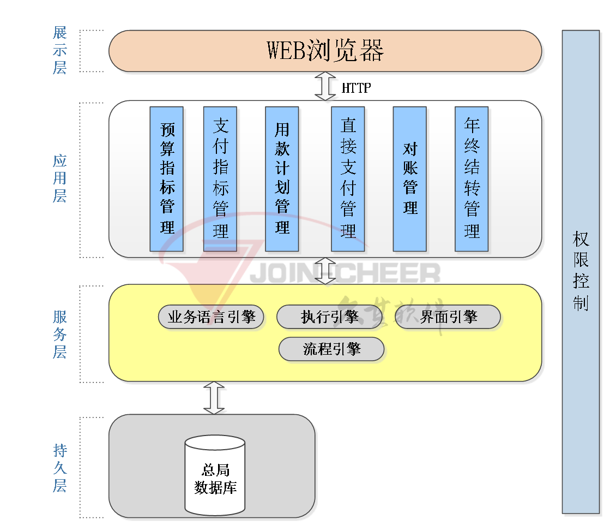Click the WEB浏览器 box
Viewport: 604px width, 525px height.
[x=325, y=51]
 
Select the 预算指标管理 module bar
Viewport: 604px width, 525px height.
[x=167, y=179]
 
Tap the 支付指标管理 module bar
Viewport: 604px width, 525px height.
[x=220, y=179]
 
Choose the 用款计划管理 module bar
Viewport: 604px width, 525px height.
[x=282, y=179]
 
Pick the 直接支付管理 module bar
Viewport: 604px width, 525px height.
[x=348, y=179]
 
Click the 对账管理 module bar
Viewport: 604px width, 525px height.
[x=410, y=179]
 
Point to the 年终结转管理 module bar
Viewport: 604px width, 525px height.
[x=472, y=179]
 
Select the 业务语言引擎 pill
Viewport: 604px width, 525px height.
[x=211, y=317]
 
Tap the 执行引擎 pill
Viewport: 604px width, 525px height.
[x=329, y=317]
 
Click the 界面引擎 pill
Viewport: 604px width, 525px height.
[x=448, y=317]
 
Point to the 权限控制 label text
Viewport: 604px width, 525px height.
[x=581, y=271]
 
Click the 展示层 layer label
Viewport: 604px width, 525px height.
[x=59, y=50]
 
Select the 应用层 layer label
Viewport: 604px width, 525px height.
[x=59, y=178]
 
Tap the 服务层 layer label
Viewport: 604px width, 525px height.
[x=59, y=334]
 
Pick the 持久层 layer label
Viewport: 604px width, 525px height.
[x=59, y=468]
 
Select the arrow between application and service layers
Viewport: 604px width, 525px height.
[x=327, y=271]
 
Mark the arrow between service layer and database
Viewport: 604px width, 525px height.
[x=216, y=398]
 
